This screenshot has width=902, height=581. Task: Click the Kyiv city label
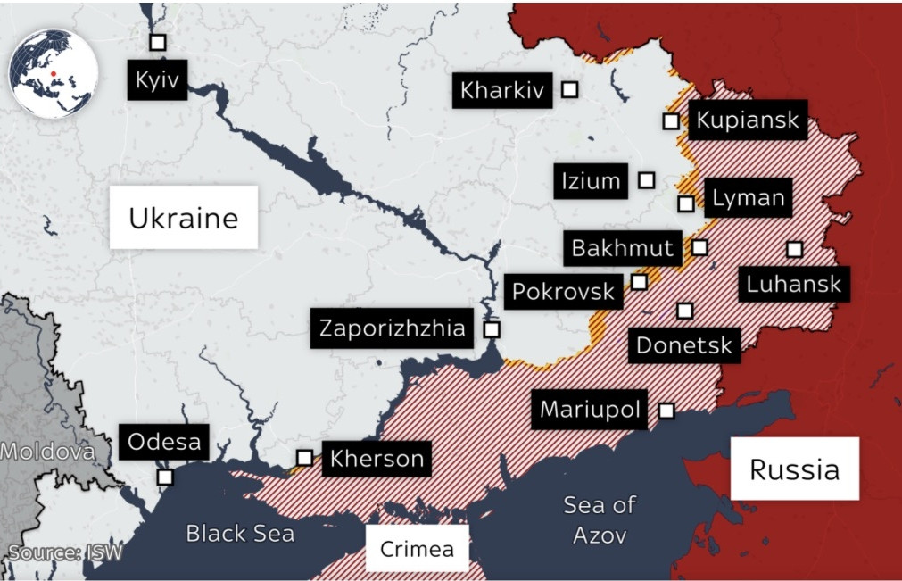[157, 81]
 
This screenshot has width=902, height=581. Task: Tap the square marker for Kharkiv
[569, 89]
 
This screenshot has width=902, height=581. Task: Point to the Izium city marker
[647, 180]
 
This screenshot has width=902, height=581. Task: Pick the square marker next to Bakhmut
[700, 246]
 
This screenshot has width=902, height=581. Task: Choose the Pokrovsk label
[563, 291]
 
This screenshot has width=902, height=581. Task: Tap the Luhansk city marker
[794, 249]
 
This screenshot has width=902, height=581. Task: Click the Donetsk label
[684, 344]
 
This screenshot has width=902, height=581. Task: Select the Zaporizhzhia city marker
[491, 329]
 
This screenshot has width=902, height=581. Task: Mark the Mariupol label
[591, 411]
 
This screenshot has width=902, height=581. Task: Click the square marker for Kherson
[304, 458]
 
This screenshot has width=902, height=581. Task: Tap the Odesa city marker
[165, 477]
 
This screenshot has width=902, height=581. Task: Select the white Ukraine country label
[184, 218]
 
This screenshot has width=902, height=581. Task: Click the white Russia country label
[794, 469]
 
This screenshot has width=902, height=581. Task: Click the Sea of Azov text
[600, 519]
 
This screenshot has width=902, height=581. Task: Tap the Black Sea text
[240, 534]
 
